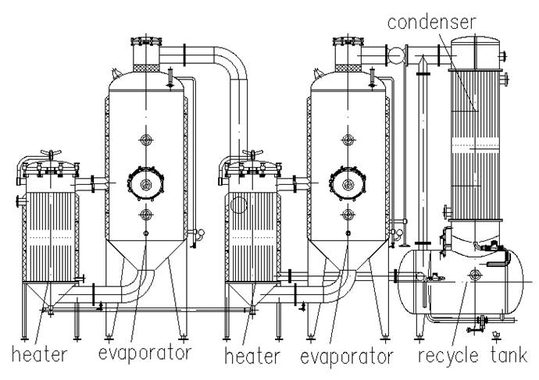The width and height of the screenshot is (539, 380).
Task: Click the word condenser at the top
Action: (x=431, y=22)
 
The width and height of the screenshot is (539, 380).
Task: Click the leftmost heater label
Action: (x=39, y=354)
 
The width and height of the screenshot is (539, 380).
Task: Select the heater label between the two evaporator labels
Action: (x=252, y=356)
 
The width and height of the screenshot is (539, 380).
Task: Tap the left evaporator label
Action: (x=144, y=353)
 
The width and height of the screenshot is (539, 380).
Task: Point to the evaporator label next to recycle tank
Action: (x=346, y=357)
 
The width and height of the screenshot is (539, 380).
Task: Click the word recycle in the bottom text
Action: (x=448, y=355)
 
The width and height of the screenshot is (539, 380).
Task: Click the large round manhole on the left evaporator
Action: (x=146, y=183)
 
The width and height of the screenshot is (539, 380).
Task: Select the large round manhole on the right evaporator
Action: (x=348, y=183)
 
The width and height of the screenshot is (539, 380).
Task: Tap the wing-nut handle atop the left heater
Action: (x=51, y=151)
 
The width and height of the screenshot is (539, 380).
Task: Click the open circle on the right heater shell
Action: (x=238, y=205)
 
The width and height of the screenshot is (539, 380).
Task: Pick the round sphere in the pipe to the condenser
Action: (x=395, y=55)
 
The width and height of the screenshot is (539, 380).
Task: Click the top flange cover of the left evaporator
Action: (x=146, y=41)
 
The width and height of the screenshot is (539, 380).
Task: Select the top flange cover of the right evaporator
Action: (x=348, y=41)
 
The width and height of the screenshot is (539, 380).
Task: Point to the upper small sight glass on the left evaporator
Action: (x=146, y=140)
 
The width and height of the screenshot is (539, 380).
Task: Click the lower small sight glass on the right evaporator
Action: (x=348, y=215)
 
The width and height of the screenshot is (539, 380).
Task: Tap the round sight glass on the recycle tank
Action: (x=475, y=274)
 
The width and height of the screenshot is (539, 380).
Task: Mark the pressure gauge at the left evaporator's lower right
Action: (x=201, y=233)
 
